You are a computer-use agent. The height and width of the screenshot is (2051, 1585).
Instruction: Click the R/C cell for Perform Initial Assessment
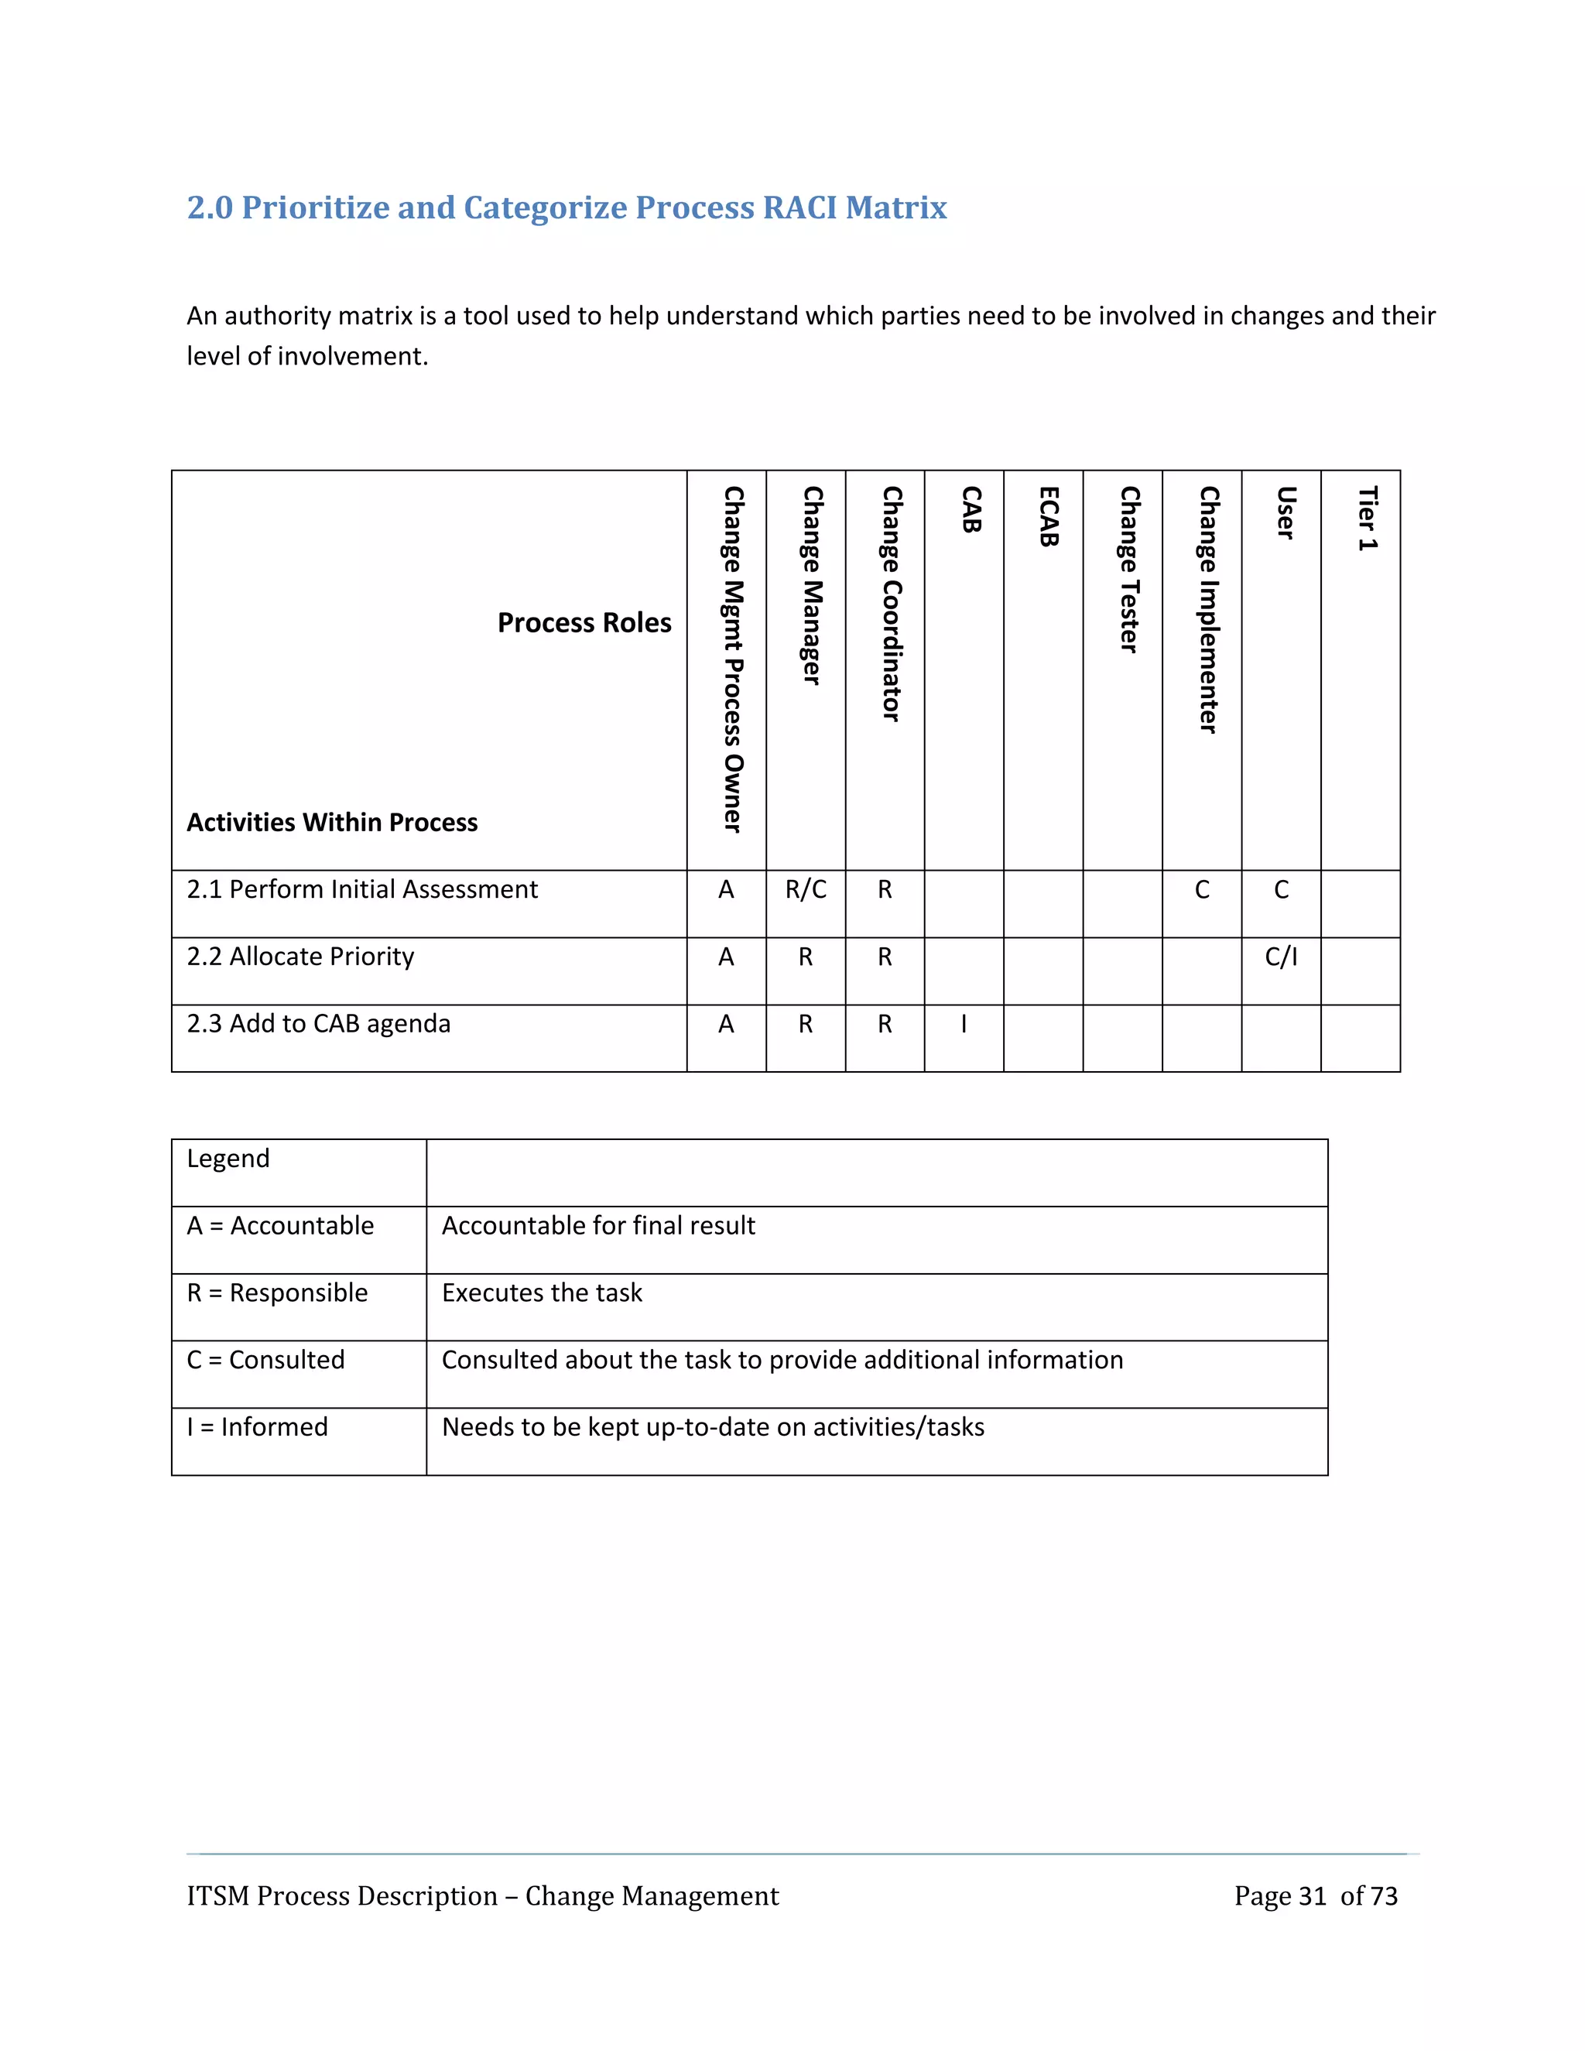(x=806, y=889)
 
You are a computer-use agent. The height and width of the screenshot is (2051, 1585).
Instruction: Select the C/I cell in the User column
(x=1281, y=957)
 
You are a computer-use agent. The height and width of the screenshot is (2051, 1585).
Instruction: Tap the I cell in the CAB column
(x=964, y=1024)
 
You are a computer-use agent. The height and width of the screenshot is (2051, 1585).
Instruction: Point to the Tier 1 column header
(x=1368, y=519)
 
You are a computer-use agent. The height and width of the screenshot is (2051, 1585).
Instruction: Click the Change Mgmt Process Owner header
(x=732, y=659)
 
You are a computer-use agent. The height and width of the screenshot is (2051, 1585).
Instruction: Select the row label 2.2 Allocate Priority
(x=300, y=957)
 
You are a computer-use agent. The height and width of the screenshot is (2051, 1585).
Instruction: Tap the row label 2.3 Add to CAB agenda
(x=318, y=1024)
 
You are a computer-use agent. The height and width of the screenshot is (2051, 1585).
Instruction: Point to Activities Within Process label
(x=331, y=823)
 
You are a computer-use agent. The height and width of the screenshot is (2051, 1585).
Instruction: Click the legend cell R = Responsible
(x=277, y=1293)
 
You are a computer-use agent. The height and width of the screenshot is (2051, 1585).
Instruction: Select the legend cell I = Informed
(x=257, y=1427)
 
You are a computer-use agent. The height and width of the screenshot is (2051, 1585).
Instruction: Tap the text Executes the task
(x=542, y=1293)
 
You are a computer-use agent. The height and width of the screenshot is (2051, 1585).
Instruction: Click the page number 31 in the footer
(x=1312, y=1896)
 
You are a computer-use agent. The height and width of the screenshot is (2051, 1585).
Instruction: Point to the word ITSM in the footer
(x=217, y=1896)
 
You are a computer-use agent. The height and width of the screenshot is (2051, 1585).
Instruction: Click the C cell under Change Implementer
(x=1202, y=889)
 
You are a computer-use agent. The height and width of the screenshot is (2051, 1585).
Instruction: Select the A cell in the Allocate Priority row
(x=726, y=957)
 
